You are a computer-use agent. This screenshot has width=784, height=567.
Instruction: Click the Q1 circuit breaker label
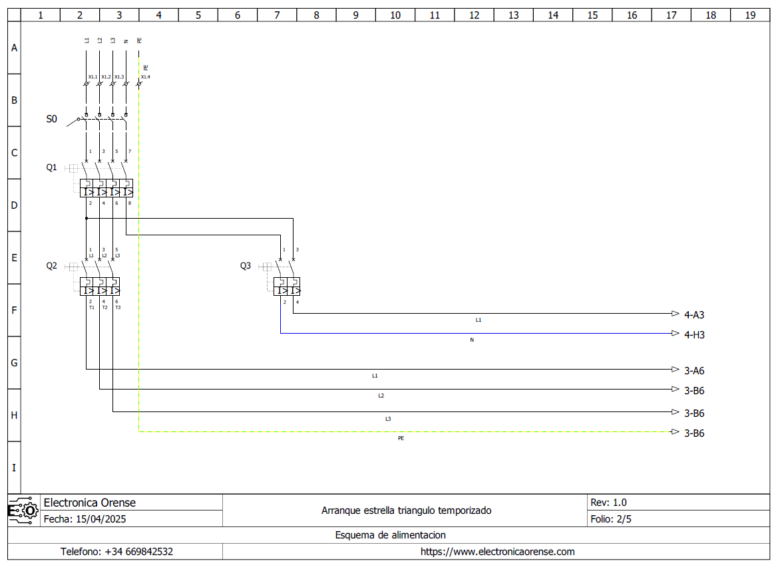click(51, 168)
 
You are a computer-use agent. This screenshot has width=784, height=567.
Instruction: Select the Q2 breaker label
click(51, 266)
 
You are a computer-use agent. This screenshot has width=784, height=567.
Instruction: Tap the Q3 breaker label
click(246, 266)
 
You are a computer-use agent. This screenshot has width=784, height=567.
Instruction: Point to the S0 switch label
click(51, 120)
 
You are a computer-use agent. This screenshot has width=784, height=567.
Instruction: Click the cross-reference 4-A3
click(694, 315)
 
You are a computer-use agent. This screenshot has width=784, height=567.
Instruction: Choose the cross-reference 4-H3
click(694, 335)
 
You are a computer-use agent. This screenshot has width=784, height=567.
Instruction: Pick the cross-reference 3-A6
click(694, 371)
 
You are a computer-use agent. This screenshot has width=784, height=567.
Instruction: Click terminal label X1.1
click(93, 77)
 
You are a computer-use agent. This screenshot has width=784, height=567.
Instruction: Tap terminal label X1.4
click(145, 77)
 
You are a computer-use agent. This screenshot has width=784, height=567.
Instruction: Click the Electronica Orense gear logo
click(23, 510)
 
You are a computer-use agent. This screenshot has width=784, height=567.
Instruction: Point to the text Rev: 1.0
click(608, 503)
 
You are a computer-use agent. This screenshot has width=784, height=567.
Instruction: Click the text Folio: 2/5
click(611, 519)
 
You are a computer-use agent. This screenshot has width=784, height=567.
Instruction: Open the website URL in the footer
click(497, 552)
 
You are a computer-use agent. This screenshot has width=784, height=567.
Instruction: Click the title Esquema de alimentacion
click(390, 535)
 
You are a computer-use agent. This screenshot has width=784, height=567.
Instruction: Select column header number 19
click(750, 15)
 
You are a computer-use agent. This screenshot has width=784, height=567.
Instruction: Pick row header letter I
click(14, 468)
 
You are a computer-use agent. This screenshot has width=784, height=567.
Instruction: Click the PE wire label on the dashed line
click(401, 439)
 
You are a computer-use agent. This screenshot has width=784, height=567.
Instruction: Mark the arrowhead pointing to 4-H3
click(675, 334)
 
